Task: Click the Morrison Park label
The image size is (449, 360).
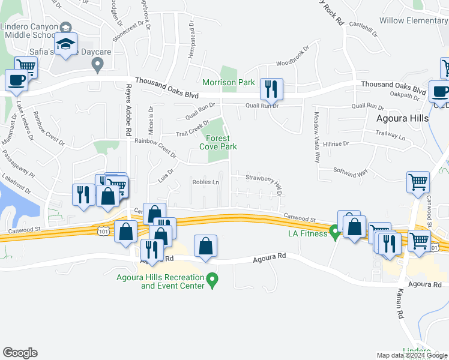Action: [228, 82]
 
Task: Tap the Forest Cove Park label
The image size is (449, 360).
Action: [218, 142]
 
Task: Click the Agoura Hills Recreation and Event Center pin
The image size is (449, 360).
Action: [211, 279]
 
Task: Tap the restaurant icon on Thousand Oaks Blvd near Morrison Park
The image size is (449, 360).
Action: [271, 89]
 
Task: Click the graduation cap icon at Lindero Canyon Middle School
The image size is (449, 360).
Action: [65, 43]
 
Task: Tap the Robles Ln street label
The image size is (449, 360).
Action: [205, 182]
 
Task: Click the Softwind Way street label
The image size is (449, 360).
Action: [351, 172]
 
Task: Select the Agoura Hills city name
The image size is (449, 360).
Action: [402, 118]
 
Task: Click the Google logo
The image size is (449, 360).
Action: [20, 353]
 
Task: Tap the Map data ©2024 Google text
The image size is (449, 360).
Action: [411, 355]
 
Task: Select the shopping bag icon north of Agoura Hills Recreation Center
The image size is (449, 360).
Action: [205, 246]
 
